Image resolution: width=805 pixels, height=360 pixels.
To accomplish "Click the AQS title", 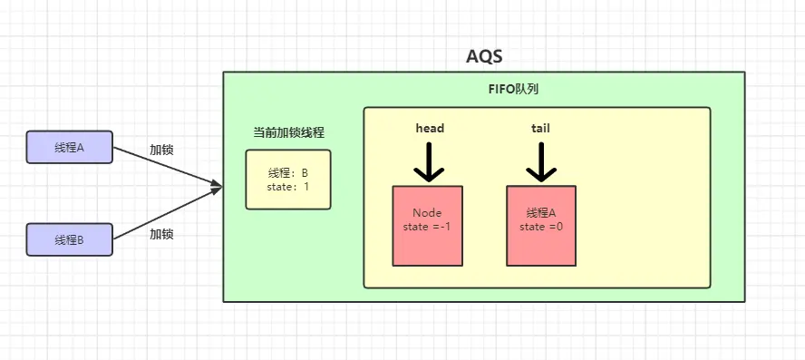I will [484, 55].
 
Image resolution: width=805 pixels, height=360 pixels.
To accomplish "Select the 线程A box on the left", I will [69, 148].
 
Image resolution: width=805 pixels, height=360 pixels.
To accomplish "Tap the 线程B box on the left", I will [69, 239].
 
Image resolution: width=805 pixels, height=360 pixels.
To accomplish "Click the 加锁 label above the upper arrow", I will [161, 151].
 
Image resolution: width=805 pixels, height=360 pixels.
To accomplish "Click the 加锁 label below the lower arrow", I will [161, 234].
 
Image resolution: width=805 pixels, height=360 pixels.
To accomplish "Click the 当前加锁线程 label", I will [288, 132].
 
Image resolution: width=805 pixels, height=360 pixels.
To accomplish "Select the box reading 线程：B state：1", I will [288, 180].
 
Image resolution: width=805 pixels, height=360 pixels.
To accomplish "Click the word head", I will [429, 128].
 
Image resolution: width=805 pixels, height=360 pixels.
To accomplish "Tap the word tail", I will [540, 128].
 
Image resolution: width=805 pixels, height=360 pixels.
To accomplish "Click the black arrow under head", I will [429, 162].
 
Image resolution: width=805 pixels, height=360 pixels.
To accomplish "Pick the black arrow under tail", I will [541, 162].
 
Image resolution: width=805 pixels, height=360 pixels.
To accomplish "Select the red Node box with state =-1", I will [428, 226].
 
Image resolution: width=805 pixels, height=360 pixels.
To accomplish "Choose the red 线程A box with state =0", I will [541, 226].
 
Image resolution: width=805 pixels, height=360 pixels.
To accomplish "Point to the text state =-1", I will [427, 227].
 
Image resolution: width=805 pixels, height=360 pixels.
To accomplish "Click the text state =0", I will [541, 227].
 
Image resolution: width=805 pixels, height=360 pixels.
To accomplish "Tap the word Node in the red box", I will [427, 213].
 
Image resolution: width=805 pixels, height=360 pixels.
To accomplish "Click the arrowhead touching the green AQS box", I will [217, 186].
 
